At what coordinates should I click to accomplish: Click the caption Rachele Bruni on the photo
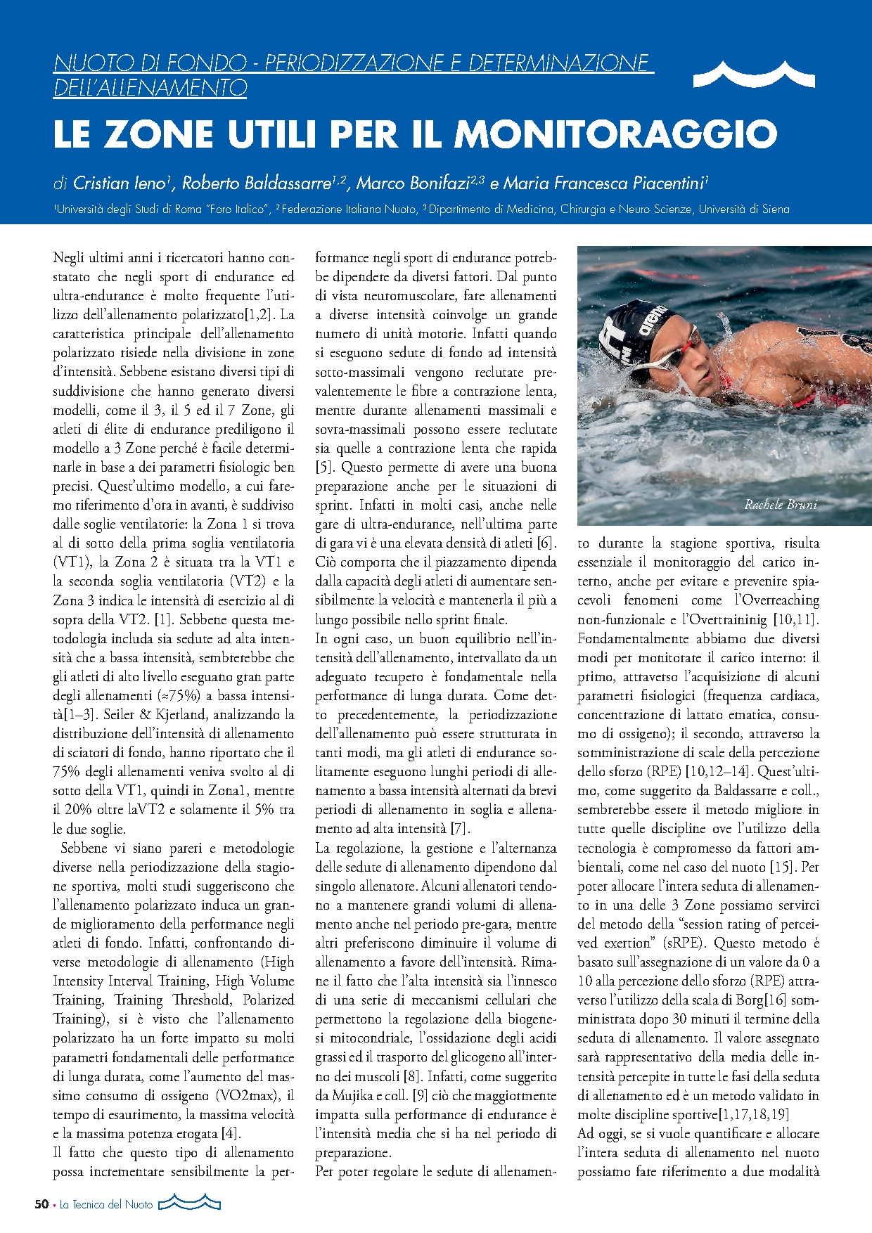coord(781,504)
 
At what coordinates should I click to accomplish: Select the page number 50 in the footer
coord(41,1204)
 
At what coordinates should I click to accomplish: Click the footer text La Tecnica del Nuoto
coord(106,1204)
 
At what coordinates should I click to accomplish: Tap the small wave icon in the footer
coord(190,1203)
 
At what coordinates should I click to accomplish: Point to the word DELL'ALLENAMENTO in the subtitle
coord(150,88)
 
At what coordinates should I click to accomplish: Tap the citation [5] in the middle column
coord(323,467)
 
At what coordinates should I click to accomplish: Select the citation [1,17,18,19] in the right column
coord(752,1114)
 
